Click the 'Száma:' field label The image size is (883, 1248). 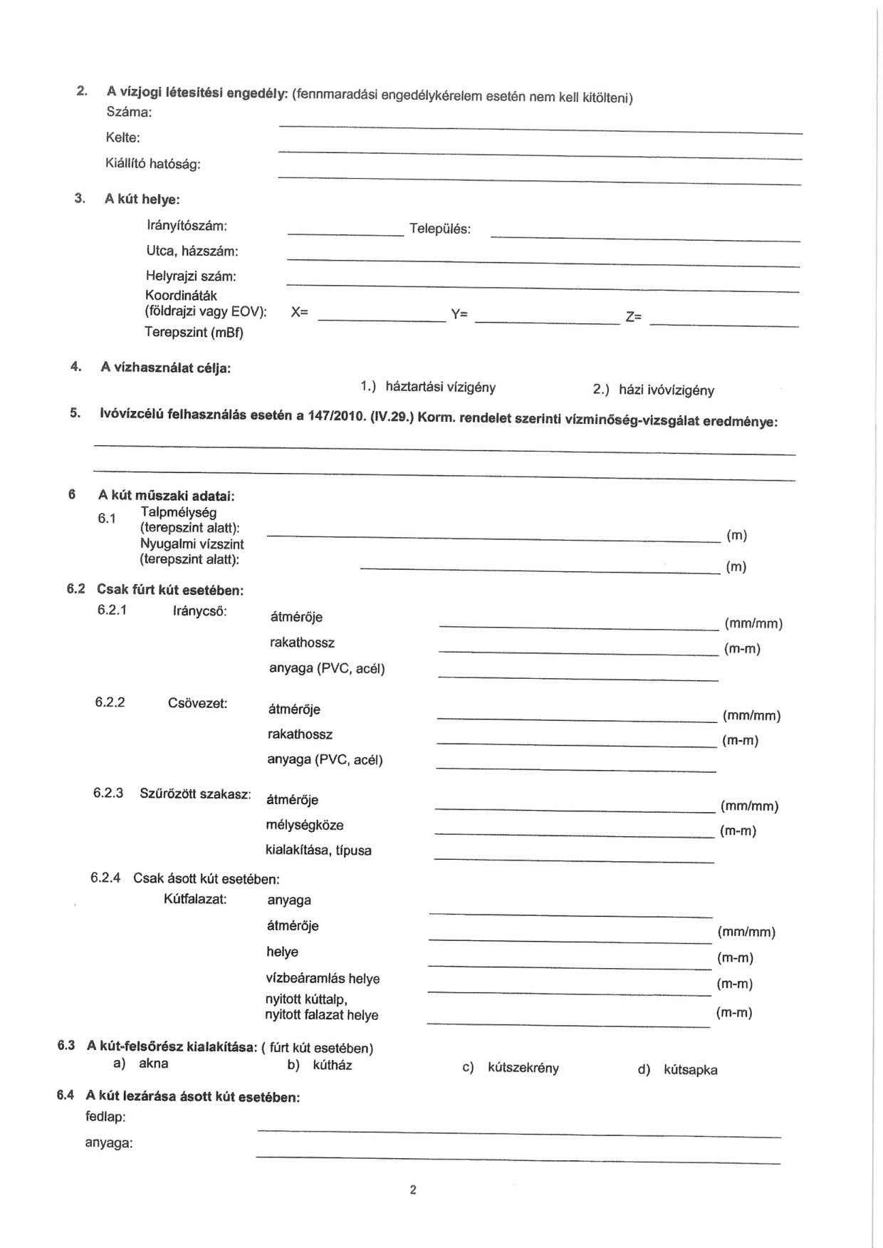129,112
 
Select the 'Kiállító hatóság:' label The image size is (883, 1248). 153,164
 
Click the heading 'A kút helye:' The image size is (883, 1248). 142,199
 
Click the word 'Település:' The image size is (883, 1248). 439,229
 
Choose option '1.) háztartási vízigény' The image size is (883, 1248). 428,387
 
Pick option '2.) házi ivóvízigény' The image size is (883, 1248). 654,390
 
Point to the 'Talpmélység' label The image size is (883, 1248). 179,512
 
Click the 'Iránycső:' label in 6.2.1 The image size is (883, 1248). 199,611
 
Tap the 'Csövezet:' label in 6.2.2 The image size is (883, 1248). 197,703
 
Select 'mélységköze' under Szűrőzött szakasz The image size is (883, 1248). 304,825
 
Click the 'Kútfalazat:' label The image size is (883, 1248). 195,899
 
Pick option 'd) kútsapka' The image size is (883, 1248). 678,1070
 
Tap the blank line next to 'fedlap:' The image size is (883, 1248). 518,1133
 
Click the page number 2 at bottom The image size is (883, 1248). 413,1190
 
